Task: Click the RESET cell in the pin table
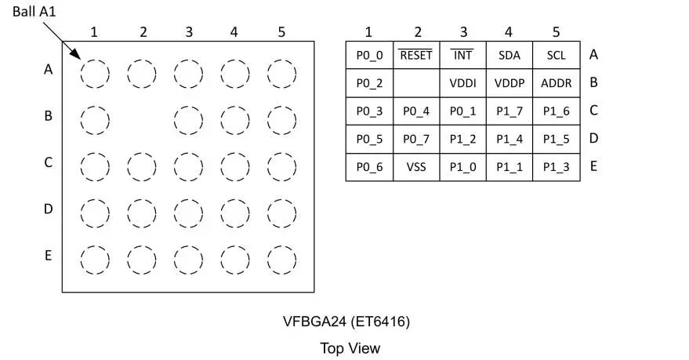coord(416,56)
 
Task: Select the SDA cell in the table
coord(509,56)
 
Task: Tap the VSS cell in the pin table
coord(416,167)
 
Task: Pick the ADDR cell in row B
coord(557,83)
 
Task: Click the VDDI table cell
coord(463,83)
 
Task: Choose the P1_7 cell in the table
coord(509,111)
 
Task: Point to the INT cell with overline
coord(463,56)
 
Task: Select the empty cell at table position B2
coord(416,83)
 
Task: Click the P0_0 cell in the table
coord(369,56)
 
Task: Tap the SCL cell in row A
coord(557,56)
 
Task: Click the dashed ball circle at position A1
coord(95,74)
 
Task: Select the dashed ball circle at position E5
coord(281,259)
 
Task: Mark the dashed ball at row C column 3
coord(188,166)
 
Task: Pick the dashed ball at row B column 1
coord(95,120)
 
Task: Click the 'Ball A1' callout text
coord(34,12)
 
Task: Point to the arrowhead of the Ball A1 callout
coord(78,57)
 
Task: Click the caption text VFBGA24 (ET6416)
coord(346,322)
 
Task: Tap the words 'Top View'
coord(350,347)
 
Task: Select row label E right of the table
coord(593,166)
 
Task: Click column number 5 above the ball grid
coord(281,32)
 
